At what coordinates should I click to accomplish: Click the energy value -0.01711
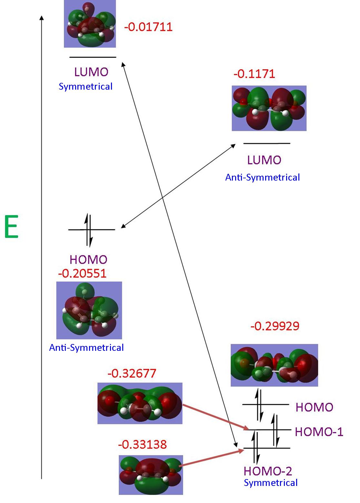click(x=148, y=27)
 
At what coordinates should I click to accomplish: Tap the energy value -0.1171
click(x=254, y=74)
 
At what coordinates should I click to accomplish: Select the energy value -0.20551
click(x=82, y=274)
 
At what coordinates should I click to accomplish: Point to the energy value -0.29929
click(x=275, y=326)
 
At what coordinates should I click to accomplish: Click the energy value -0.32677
click(x=132, y=373)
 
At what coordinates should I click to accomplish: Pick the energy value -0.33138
click(x=142, y=445)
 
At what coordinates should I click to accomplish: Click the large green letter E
click(x=12, y=227)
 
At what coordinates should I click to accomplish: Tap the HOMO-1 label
click(x=319, y=432)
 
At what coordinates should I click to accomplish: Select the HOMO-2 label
click(x=268, y=471)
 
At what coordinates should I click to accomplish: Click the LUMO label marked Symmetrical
click(x=91, y=72)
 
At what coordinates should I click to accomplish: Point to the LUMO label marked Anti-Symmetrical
click(x=264, y=160)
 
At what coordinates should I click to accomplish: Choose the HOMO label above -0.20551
click(x=88, y=260)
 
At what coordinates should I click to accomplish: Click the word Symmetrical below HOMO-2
click(x=271, y=483)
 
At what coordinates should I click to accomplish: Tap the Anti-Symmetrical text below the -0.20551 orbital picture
click(x=86, y=348)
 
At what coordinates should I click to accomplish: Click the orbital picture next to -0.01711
click(x=90, y=24)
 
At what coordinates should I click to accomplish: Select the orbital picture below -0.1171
click(x=269, y=108)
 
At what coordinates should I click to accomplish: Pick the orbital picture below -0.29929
click(x=274, y=365)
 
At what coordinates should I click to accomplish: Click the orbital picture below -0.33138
click(x=151, y=475)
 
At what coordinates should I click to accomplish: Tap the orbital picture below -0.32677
click(x=140, y=403)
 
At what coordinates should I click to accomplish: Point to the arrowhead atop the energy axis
click(x=41, y=17)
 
